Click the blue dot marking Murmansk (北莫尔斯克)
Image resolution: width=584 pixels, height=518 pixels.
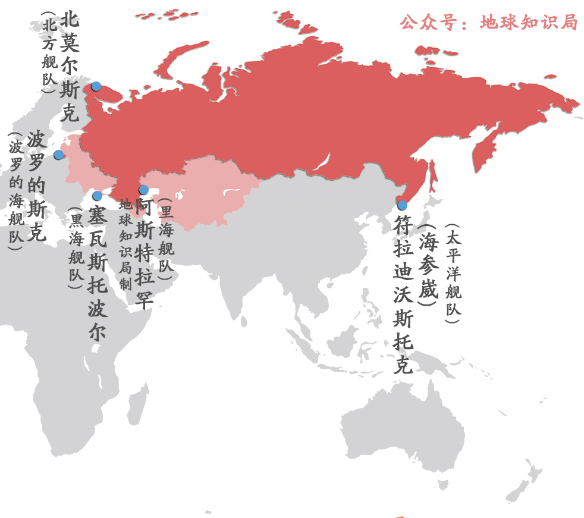[x=96, y=86]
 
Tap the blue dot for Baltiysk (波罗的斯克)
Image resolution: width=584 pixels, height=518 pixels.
[x=58, y=155]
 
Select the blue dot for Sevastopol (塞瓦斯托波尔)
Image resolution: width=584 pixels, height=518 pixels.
[x=98, y=196]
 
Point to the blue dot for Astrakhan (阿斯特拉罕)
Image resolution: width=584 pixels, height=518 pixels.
[x=143, y=190]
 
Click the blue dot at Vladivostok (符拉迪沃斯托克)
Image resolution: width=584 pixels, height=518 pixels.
[x=402, y=205]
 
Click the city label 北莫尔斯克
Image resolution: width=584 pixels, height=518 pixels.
[x=70, y=65]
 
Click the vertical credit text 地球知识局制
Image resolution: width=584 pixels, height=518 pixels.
[x=125, y=244]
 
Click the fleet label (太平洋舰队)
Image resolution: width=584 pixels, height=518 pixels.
[x=453, y=274]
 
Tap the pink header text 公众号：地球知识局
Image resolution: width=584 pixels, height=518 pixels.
[x=488, y=23]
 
